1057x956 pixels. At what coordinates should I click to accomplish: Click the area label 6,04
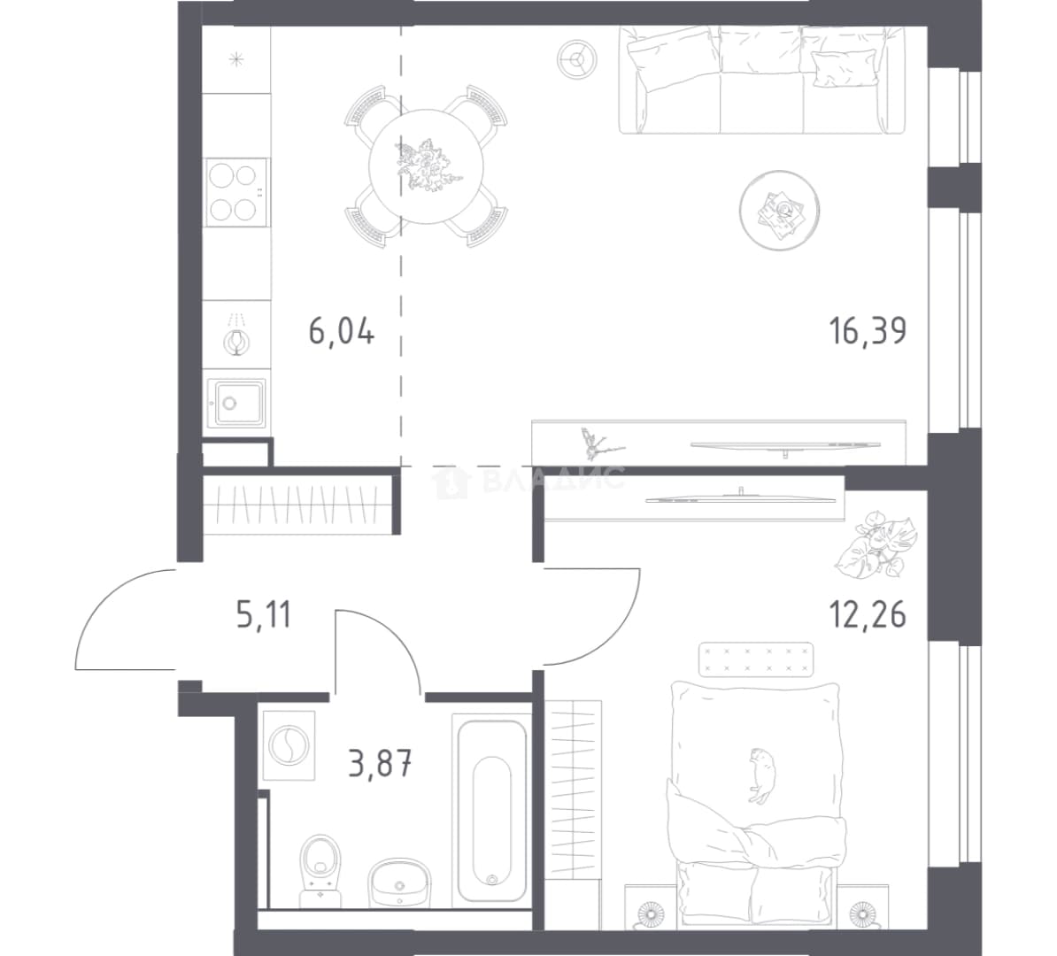[341, 332]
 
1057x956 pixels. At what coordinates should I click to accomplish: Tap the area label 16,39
[868, 331]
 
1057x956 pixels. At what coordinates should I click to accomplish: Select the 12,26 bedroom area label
[868, 614]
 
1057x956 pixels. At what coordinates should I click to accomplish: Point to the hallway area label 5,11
[264, 615]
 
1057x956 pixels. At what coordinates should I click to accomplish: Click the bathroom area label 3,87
[380, 764]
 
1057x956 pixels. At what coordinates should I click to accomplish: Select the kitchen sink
[236, 403]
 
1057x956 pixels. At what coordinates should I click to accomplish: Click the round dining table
[426, 166]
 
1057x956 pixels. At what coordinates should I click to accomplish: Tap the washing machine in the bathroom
[289, 745]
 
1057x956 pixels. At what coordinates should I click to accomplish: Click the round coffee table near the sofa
[779, 211]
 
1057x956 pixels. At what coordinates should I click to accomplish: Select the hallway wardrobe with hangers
[298, 505]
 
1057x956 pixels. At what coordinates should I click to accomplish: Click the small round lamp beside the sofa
[576, 58]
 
